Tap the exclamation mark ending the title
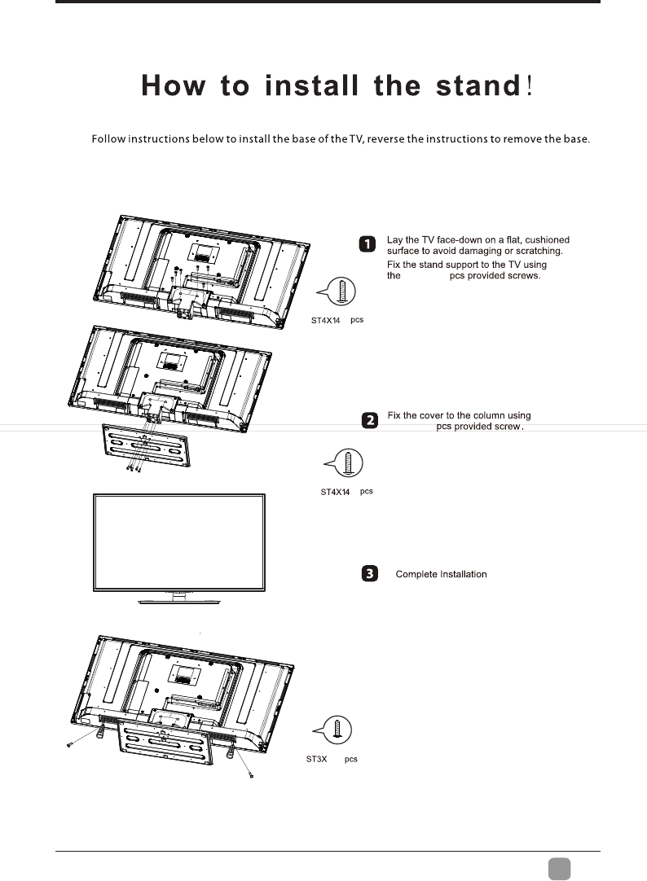click(x=530, y=87)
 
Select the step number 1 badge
click(x=369, y=243)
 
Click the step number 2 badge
click(x=369, y=420)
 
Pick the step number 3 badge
click(x=369, y=574)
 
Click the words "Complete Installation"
click(x=441, y=575)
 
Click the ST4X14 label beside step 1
click(x=326, y=320)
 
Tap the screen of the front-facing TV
click(x=180, y=543)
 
